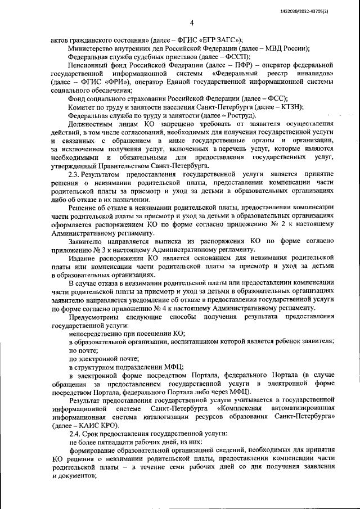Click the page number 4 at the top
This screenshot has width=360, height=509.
tap(191, 22)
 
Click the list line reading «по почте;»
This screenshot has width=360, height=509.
tap(82, 349)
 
